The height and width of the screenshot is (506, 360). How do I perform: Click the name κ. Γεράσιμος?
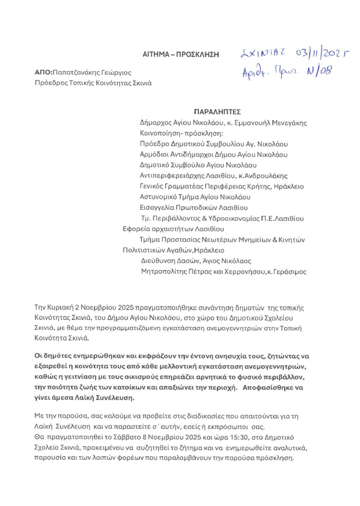(286, 271)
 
